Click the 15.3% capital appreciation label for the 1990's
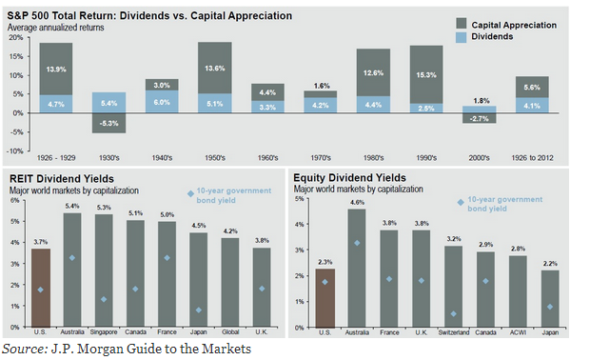426,75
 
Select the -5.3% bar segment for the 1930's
108,123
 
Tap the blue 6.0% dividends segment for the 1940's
162,102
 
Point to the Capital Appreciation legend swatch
461,24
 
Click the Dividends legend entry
484,37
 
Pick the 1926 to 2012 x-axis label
532,158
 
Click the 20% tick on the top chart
16,38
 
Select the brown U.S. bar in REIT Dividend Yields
41,288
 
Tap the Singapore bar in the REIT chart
104,270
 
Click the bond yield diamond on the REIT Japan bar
199,310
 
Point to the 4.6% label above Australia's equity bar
357,203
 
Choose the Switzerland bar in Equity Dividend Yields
453,287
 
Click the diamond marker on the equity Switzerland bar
453,313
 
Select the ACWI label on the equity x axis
518,332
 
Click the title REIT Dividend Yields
62,178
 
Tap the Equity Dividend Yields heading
349,178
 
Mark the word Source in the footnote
23,349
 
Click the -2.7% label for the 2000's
479,119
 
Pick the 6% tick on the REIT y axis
14,200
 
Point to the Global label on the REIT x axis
230,332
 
